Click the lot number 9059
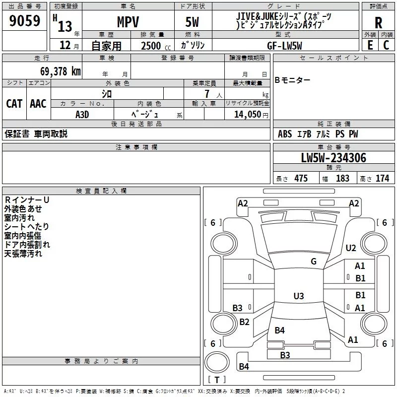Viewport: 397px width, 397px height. (x=24, y=20)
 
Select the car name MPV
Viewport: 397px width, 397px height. (x=128, y=22)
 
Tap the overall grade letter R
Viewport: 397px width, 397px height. (x=378, y=23)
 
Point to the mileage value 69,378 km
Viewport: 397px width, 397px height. (x=61, y=71)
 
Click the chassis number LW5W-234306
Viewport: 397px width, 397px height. (x=333, y=158)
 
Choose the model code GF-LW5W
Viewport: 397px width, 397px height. (x=284, y=46)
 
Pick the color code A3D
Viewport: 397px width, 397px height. (x=82, y=115)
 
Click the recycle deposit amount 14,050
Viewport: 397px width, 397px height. (x=247, y=114)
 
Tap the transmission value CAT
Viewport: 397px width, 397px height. (x=14, y=104)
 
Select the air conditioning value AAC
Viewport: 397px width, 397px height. (x=38, y=104)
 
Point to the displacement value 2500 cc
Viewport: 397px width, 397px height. (x=156, y=46)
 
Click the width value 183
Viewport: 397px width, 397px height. (x=342, y=178)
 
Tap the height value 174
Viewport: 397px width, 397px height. (x=382, y=178)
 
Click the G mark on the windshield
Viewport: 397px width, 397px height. (x=314, y=262)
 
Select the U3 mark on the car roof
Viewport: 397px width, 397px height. (x=299, y=296)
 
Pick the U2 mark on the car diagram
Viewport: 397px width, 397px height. (x=351, y=248)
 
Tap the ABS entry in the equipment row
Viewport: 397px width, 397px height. (x=285, y=133)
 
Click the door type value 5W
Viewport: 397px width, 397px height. (x=192, y=22)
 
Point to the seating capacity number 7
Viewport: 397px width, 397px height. (x=207, y=94)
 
